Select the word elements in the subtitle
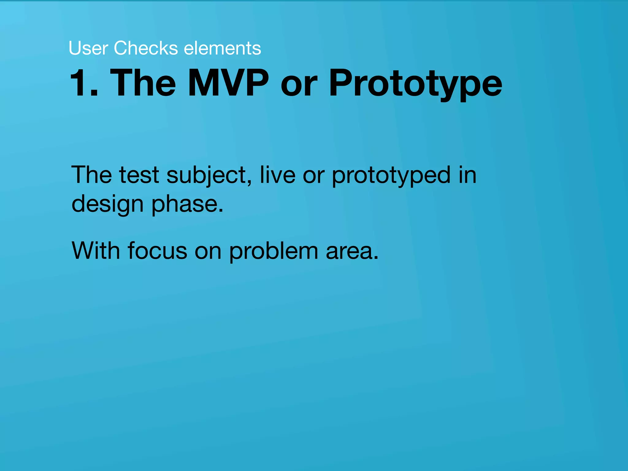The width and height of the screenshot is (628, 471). (222, 48)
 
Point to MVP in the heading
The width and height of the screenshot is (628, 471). (228, 83)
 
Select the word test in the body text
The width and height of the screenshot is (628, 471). (139, 175)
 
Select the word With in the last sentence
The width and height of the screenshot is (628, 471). (96, 251)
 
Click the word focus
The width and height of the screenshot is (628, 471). (157, 251)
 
